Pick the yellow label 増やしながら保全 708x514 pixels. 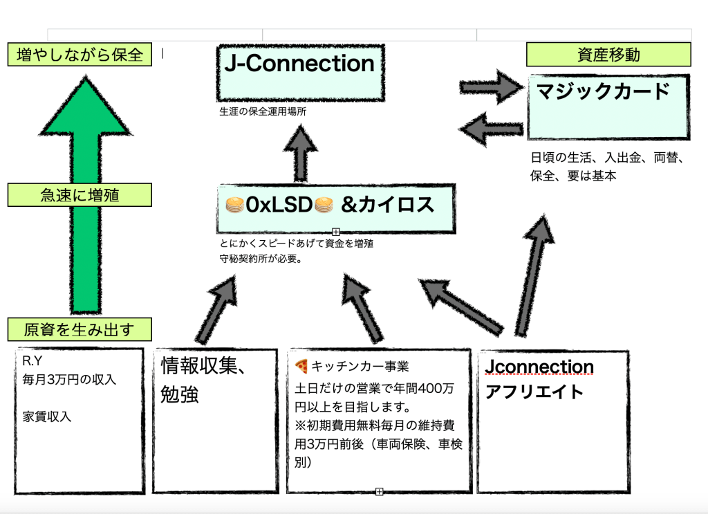(x=80, y=55)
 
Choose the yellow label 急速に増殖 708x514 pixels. (x=80, y=195)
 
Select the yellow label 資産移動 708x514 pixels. (x=608, y=55)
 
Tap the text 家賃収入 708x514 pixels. (x=47, y=416)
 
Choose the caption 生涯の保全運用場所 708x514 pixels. (x=262, y=111)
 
